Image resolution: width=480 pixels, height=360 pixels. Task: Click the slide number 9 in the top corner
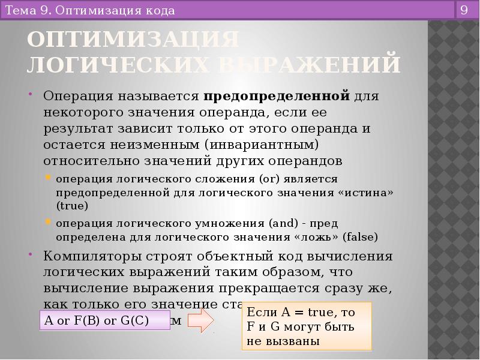(464, 10)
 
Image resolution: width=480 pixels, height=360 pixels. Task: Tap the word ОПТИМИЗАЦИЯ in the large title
(133, 40)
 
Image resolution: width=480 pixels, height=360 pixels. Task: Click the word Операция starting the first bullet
(79, 96)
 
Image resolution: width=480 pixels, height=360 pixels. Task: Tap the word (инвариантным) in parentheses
(260, 145)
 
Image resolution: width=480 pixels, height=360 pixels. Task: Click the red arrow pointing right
(200, 320)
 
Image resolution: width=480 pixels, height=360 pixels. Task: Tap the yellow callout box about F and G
(307, 327)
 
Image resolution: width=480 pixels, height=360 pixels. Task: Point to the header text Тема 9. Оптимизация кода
(90, 11)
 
